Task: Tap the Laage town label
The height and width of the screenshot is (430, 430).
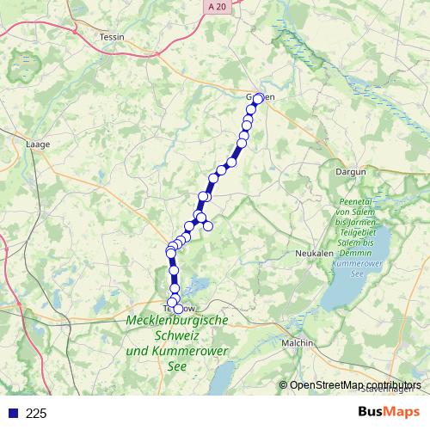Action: coord(40,144)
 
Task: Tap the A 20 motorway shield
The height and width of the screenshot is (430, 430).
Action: coord(218,6)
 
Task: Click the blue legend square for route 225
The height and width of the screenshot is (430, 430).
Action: coord(13,413)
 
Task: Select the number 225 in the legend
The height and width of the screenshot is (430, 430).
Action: coord(36,413)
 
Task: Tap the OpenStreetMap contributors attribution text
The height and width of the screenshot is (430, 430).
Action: coord(355,385)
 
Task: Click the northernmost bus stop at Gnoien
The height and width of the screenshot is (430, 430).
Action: coord(258,98)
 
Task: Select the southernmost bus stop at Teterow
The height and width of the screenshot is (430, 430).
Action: coord(178,309)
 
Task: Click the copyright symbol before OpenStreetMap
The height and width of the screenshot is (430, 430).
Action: coord(283,385)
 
